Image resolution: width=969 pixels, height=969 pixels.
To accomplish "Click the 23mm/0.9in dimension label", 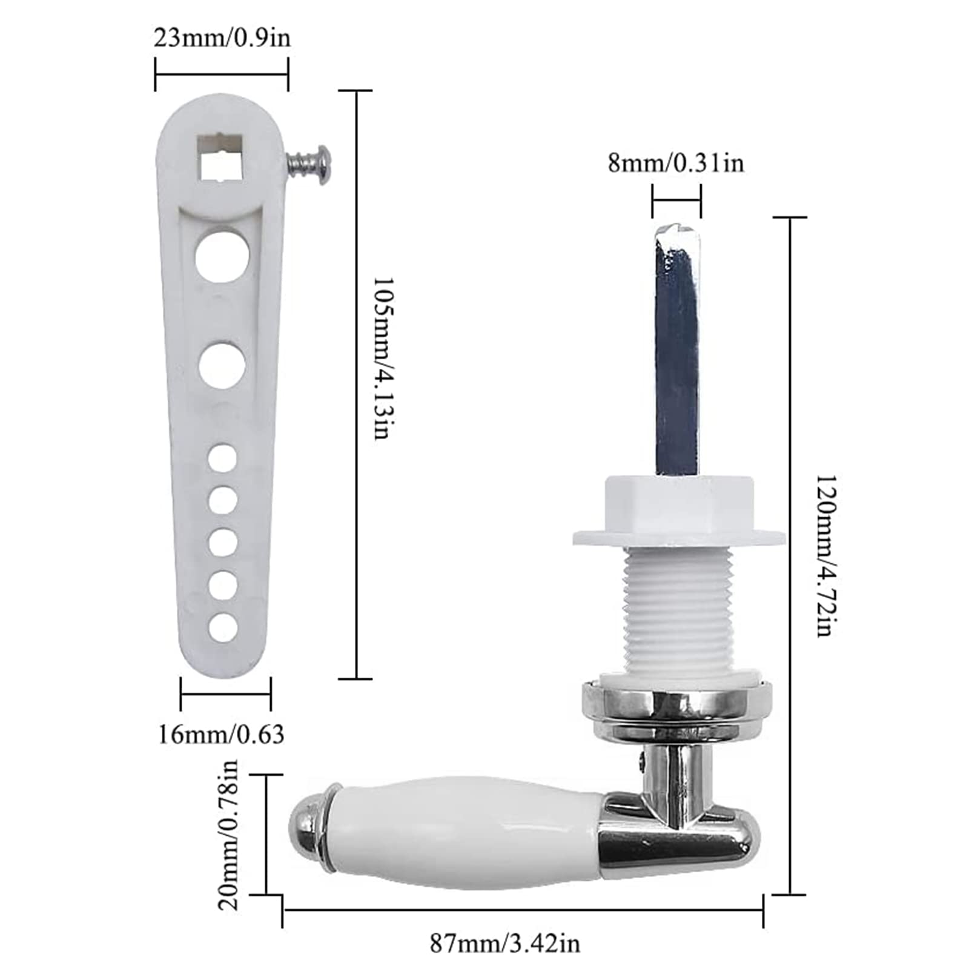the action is click(222, 38).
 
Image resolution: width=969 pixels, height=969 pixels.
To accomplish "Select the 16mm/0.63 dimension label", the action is click(221, 735).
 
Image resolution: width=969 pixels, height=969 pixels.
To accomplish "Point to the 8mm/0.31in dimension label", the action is click(676, 164).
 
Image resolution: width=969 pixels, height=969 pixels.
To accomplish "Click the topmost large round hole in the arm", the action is click(222, 255).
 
